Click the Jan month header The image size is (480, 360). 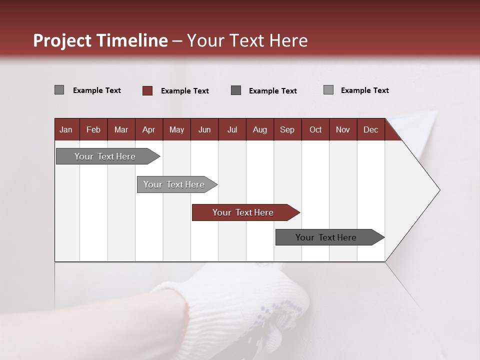tap(66, 129)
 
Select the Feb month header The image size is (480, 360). tap(93, 129)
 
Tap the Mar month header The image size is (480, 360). tap(121, 129)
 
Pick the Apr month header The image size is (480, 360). tap(148, 129)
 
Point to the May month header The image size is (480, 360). tap(176, 129)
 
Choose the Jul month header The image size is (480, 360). tap(232, 129)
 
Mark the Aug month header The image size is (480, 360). tap(259, 129)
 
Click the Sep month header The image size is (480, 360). tap(287, 129)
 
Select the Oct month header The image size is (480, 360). tap(315, 129)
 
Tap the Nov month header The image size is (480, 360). tap(342, 129)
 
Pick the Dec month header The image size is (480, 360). tap(370, 129)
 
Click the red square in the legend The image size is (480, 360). tap(147, 90)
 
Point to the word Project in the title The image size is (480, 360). tap(62, 40)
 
